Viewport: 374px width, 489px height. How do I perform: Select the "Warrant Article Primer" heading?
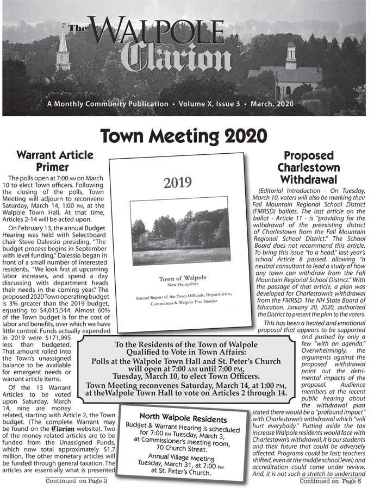point(55,161)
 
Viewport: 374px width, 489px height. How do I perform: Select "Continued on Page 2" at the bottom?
point(77,481)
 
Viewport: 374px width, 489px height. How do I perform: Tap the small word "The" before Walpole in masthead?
point(78,28)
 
